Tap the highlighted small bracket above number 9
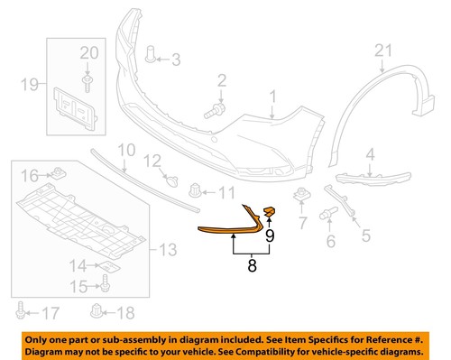coord(268,212)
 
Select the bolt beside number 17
coord(22,313)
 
